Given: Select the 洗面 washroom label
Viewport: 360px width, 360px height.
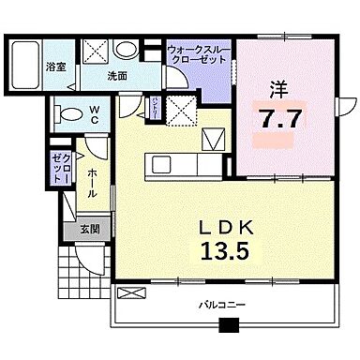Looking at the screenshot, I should coord(115,76).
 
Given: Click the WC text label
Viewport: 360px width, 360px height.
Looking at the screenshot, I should coord(96,114).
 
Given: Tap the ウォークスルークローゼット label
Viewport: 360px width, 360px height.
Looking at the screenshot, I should coord(197,53).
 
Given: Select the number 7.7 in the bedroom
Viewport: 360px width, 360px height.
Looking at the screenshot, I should coord(278,119).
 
